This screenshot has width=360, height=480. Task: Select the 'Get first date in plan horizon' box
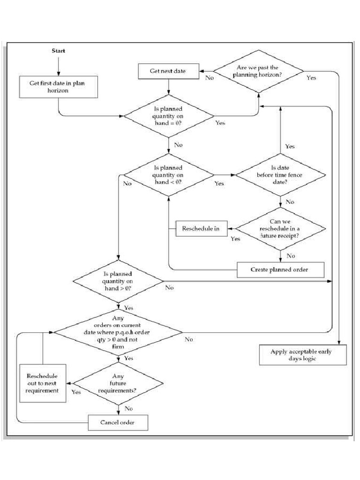click(x=58, y=87)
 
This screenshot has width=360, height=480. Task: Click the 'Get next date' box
click(x=168, y=71)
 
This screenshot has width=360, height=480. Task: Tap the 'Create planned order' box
click(x=280, y=270)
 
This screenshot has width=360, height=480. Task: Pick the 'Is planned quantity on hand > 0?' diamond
click(x=117, y=282)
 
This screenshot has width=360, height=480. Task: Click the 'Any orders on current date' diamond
click(x=118, y=332)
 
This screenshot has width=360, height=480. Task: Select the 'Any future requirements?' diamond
click(x=118, y=384)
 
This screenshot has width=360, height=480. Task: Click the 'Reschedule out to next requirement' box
click(x=43, y=383)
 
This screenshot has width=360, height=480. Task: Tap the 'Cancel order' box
click(x=118, y=422)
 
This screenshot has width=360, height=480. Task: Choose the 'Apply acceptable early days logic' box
click(x=303, y=355)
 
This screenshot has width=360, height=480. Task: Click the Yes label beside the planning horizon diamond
click(x=311, y=78)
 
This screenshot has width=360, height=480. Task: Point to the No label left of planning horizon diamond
click(x=209, y=78)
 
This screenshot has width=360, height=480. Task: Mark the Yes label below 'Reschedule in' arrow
click(x=235, y=239)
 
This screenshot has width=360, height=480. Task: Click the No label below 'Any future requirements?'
click(x=128, y=408)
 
